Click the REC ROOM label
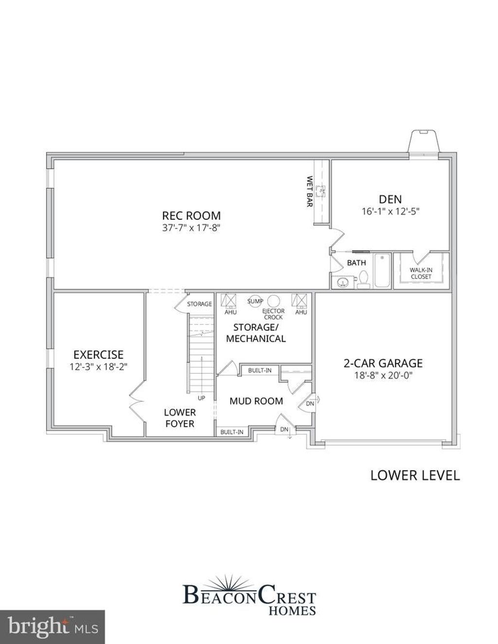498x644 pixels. (191, 215)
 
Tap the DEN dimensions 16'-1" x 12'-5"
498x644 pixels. (391, 211)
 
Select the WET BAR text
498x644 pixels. (309, 192)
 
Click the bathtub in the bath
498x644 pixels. (382, 270)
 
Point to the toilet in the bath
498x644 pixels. (363, 279)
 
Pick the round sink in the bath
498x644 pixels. (343, 283)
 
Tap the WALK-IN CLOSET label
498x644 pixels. (421, 273)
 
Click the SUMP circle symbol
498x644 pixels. (255, 301)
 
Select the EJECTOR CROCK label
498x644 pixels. (273, 314)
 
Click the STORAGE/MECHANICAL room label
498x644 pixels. (256, 333)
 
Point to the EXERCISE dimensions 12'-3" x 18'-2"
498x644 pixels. (98, 367)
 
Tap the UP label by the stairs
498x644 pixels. (201, 398)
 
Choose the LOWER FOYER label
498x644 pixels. (179, 418)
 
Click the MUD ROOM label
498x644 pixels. (256, 401)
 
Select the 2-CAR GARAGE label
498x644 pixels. (383, 363)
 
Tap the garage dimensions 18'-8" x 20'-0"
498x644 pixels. (383, 376)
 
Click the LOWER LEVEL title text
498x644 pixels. (415, 475)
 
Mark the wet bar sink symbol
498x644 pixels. (320, 190)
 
